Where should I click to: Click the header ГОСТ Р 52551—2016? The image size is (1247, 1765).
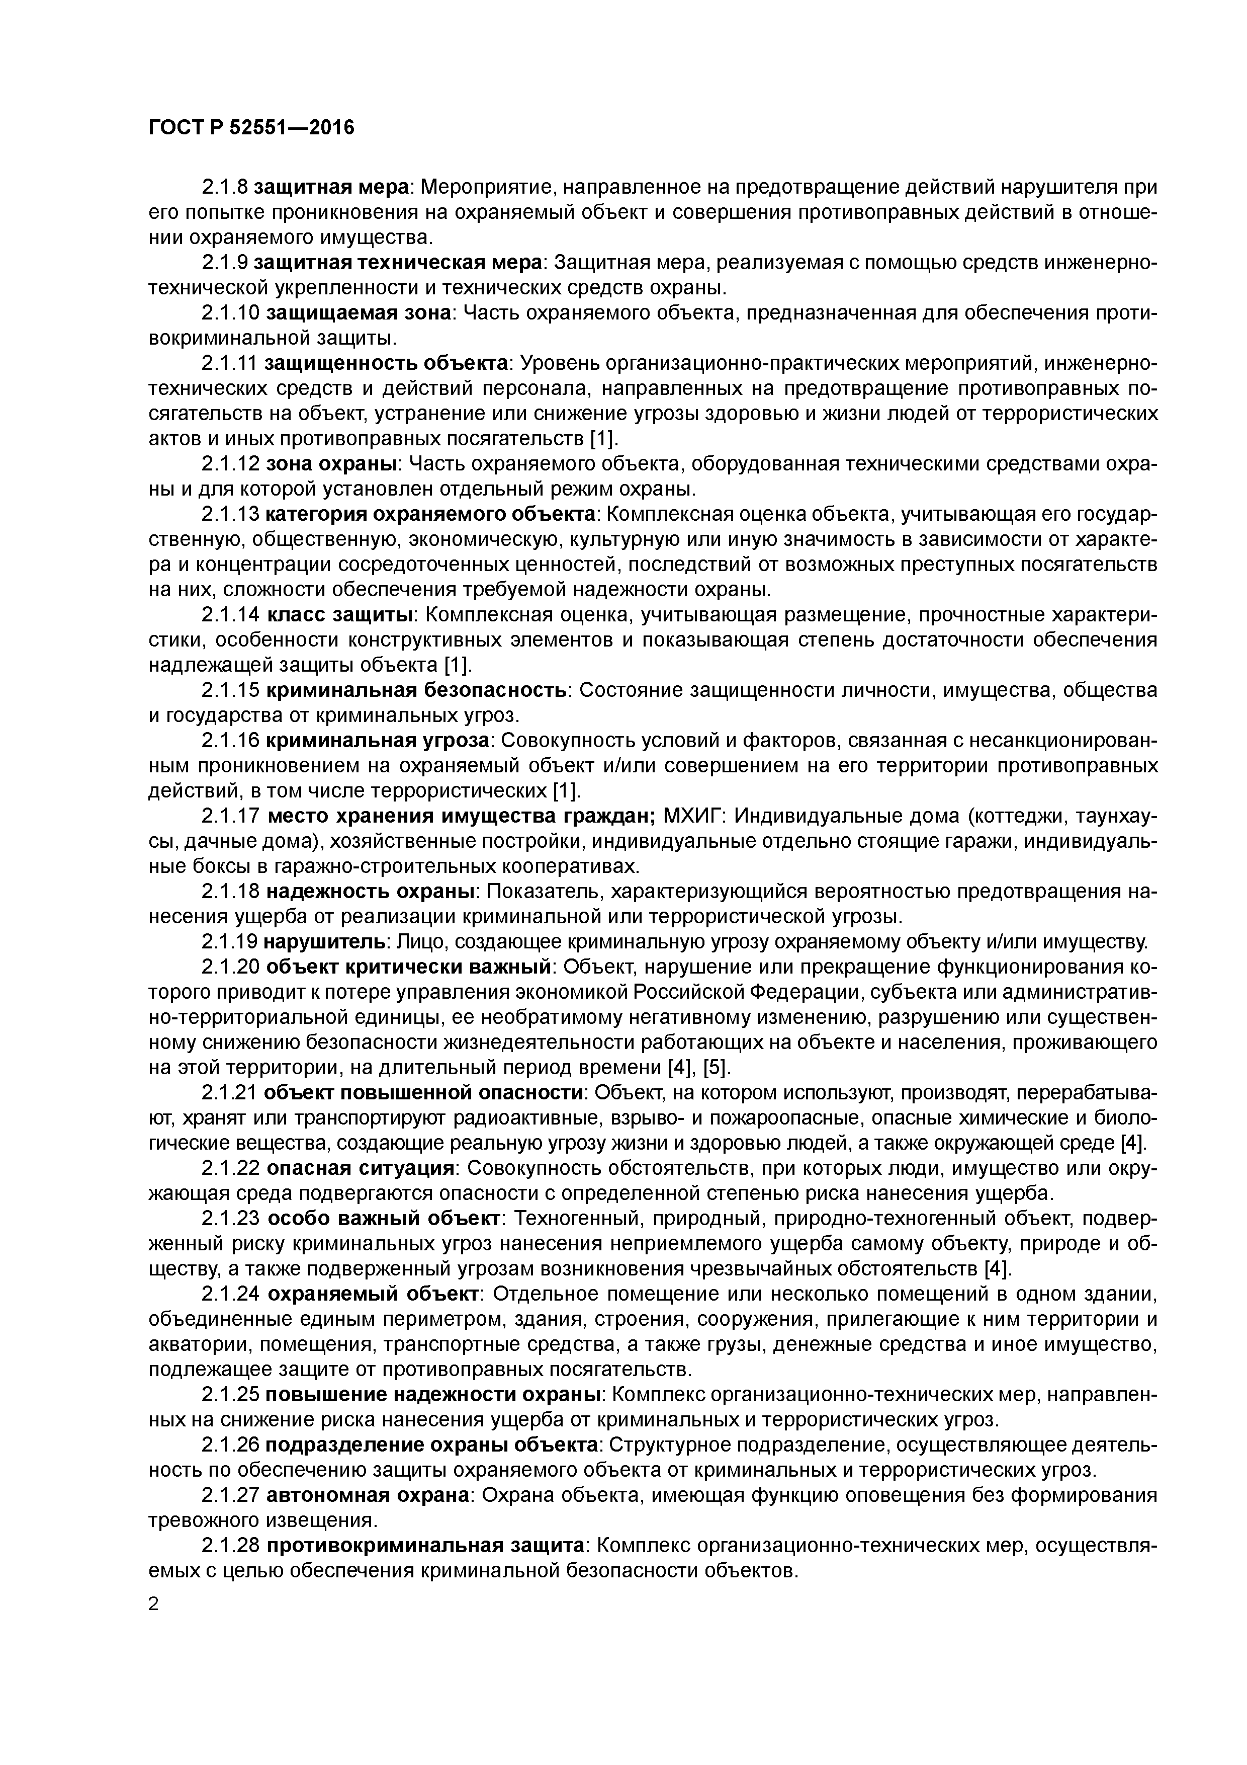tap(251, 127)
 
